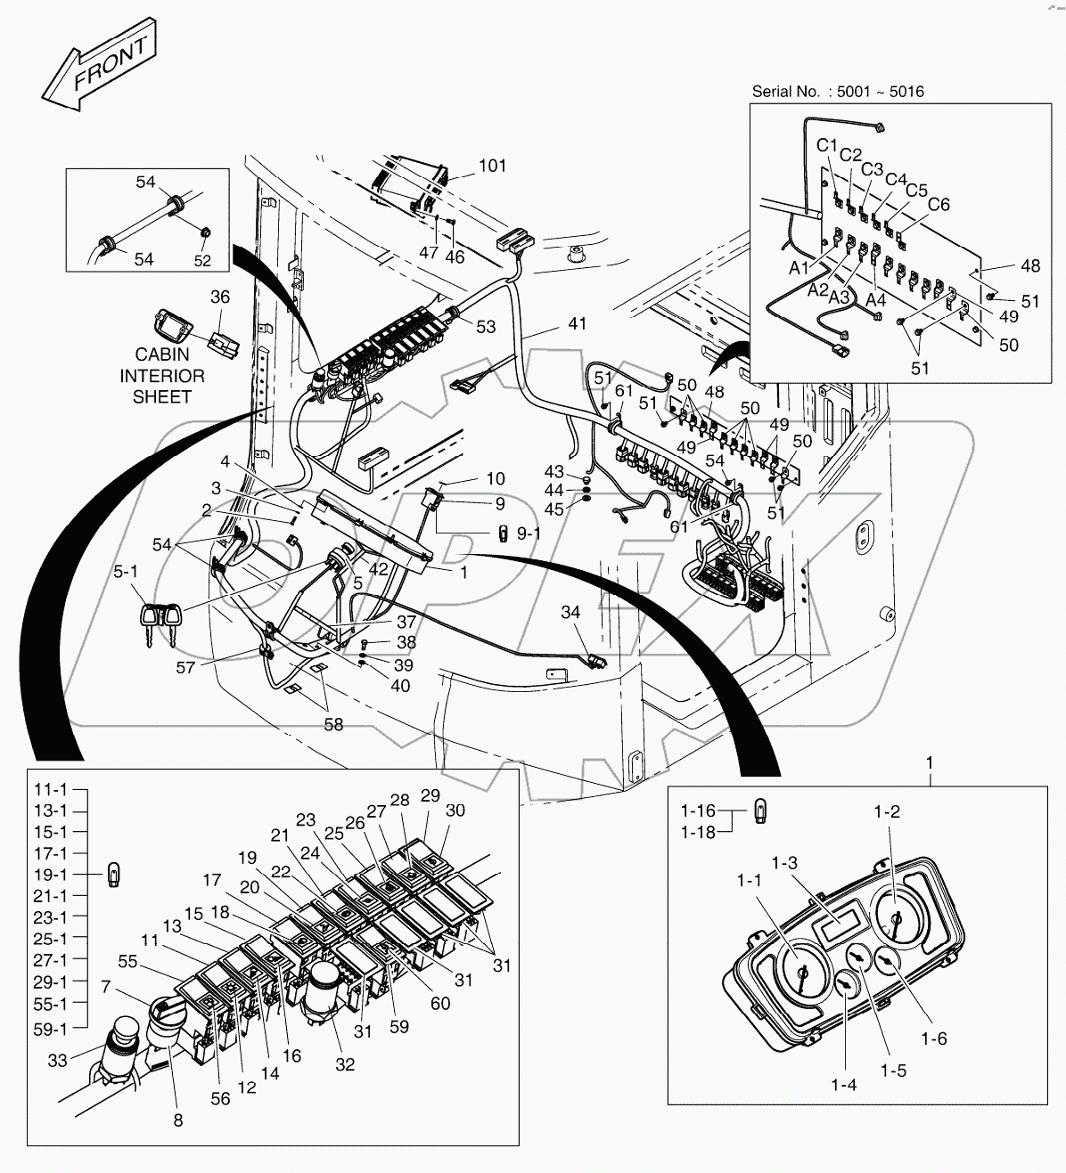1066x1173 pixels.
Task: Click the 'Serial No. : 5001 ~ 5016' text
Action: click(x=837, y=92)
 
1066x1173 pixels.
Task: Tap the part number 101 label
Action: click(x=492, y=167)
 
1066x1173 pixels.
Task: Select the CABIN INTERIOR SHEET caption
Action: click(x=162, y=376)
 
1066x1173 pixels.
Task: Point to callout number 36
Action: click(x=219, y=297)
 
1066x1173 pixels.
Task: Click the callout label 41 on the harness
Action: click(x=577, y=323)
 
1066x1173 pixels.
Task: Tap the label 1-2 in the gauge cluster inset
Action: click(x=886, y=811)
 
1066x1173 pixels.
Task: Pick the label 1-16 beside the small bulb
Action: click(x=698, y=811)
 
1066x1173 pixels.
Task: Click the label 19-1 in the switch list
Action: click(x=50, y=875)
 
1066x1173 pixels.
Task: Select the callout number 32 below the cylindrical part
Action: click(x=345, y=1063)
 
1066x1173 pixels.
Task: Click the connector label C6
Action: click(x=939, y=205)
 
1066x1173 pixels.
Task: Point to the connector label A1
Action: click(x=799, y=266)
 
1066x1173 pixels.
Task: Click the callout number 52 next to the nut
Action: click(x=202, y=259)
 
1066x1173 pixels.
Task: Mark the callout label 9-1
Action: click(x=529, y=534)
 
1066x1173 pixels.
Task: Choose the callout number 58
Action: click(x=332, y=725)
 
